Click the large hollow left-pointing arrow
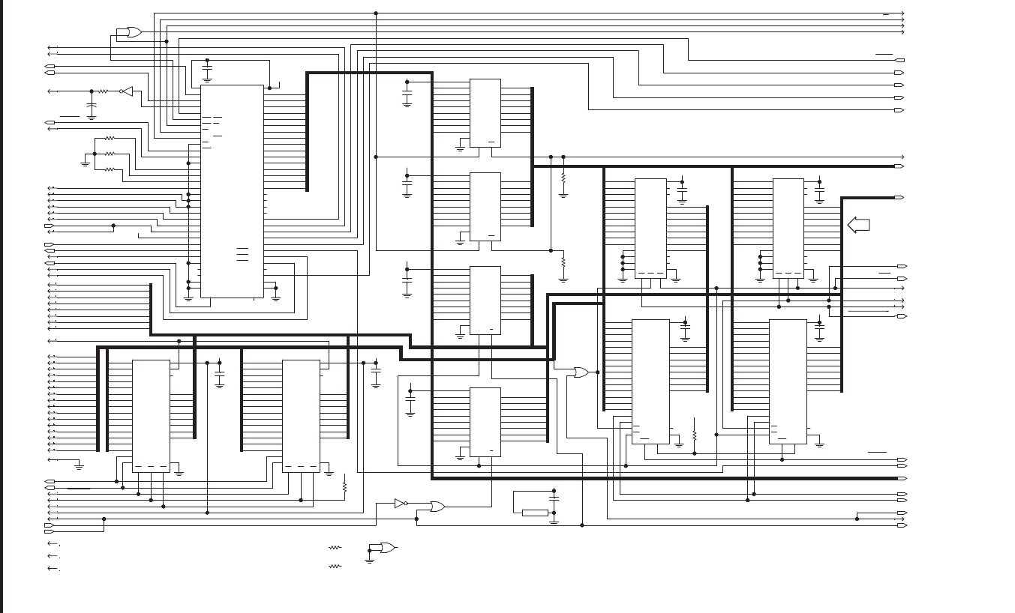(858, 224)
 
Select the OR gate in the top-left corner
(134, 32)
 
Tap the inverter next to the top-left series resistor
(127, 91)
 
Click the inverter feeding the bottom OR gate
(400, 504)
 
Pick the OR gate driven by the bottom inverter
(437, 507)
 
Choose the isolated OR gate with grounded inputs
(387, 548)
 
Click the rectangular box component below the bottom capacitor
(535, 513)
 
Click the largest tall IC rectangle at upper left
(232, 191)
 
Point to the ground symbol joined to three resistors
(85, 163)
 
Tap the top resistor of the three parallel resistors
(110, 138)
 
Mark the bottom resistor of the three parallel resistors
(110, 169)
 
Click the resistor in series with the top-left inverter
(104, 91)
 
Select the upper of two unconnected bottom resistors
(335, 548)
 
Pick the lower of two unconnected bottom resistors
(335, 567)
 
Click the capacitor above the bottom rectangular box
(554, 498)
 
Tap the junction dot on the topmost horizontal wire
(376, 13)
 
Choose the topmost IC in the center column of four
(485, 112)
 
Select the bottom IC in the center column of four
(485, 421)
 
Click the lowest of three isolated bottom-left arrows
(53, 568)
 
